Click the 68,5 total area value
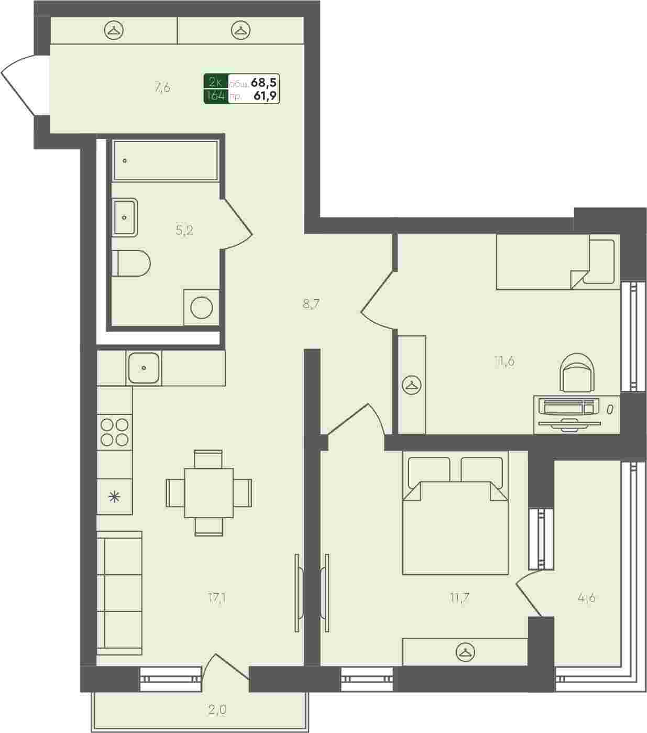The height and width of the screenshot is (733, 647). [264, 82]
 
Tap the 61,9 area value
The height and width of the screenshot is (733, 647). [265, 96]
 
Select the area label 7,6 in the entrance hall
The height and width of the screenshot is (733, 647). [162, 87]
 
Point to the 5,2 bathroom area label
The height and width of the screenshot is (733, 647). [184, 230]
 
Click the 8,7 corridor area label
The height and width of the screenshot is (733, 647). [311, 304]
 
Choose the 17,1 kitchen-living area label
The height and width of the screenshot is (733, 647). [217, 598]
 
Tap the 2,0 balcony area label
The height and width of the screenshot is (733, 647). [217, 709]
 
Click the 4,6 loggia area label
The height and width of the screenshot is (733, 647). [587, 598]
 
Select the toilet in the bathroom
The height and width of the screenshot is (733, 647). [131, 263]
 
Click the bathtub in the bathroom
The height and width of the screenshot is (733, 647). [166, 160]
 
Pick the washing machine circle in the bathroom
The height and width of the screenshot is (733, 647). [201, 308]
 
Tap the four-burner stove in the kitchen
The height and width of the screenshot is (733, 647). [114, 432]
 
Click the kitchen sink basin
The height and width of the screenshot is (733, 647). [144, 368]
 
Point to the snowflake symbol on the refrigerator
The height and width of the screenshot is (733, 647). [114, 497]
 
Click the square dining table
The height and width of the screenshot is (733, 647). [209, 493]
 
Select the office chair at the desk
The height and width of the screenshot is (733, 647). [577, 373]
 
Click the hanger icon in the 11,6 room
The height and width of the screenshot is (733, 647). [411, 386]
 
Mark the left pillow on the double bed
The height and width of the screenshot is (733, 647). [429, 472]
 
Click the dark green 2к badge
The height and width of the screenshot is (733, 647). [216, 82]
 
